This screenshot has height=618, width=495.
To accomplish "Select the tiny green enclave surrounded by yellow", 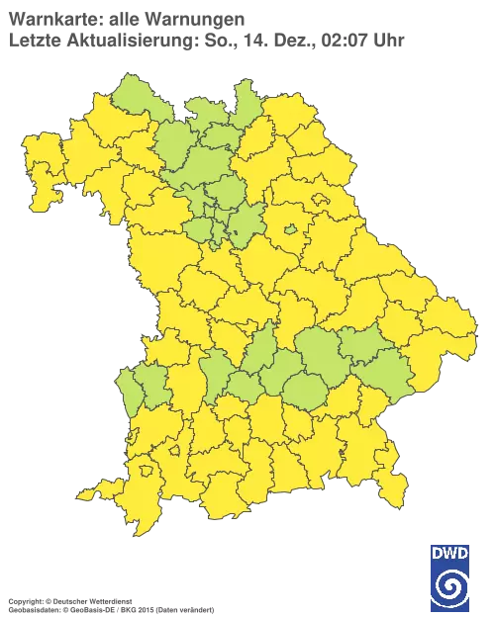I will coord(292,230).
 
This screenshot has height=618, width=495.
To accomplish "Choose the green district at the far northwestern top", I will coord(134,99).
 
